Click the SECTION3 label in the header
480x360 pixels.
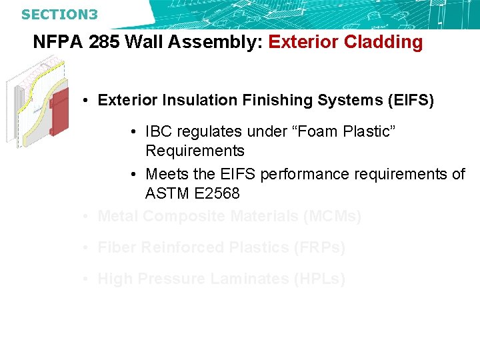click(59, 14)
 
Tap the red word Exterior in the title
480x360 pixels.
click(303, 43)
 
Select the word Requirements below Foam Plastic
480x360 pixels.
click(195, 151)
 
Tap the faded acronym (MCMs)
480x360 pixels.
click(331, 217)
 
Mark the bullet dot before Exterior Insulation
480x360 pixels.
click(87, 101)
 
